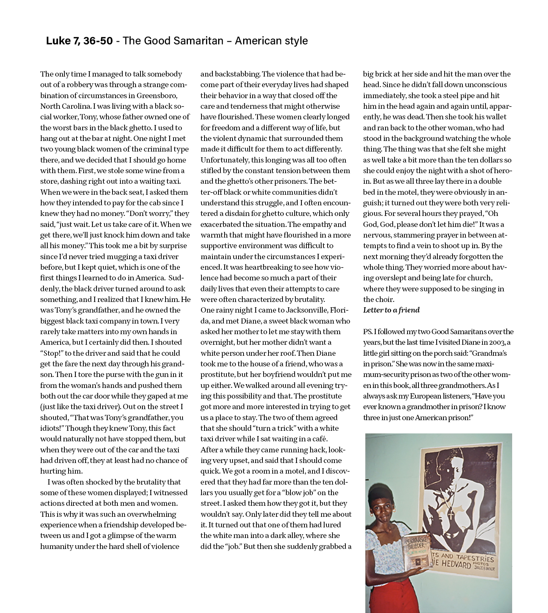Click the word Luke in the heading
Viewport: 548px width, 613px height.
pos(56,41)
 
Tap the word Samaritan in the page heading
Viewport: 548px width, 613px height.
pos(199,41)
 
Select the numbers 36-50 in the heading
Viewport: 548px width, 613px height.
pos(98,41)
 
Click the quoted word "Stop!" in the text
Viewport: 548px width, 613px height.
pos(52,353)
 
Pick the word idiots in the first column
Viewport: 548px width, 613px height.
pos(50,428)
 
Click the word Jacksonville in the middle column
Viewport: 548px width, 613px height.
pos(302,310)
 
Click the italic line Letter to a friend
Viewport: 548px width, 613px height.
pos(391,310)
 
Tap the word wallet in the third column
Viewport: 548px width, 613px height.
pos(494,117)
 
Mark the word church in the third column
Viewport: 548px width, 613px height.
pos(480,278)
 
